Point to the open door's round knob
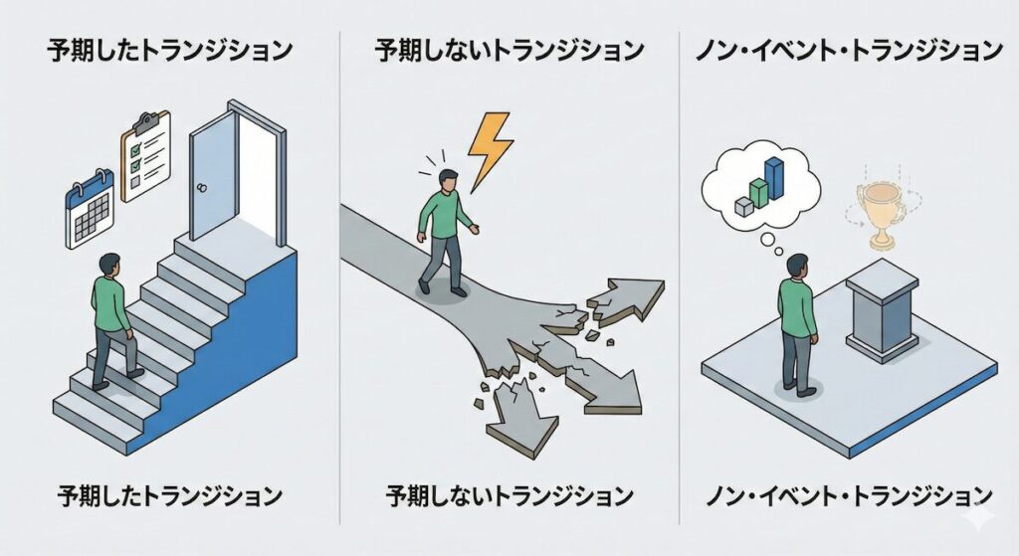(203, 186)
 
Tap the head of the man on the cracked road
(449, 181)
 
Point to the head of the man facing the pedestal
(796, 266)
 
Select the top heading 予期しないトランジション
(509, 50)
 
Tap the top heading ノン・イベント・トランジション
(849, 50)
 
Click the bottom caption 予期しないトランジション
(509, 494)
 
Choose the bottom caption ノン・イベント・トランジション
(849, 494)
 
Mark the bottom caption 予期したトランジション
(169, 494)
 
